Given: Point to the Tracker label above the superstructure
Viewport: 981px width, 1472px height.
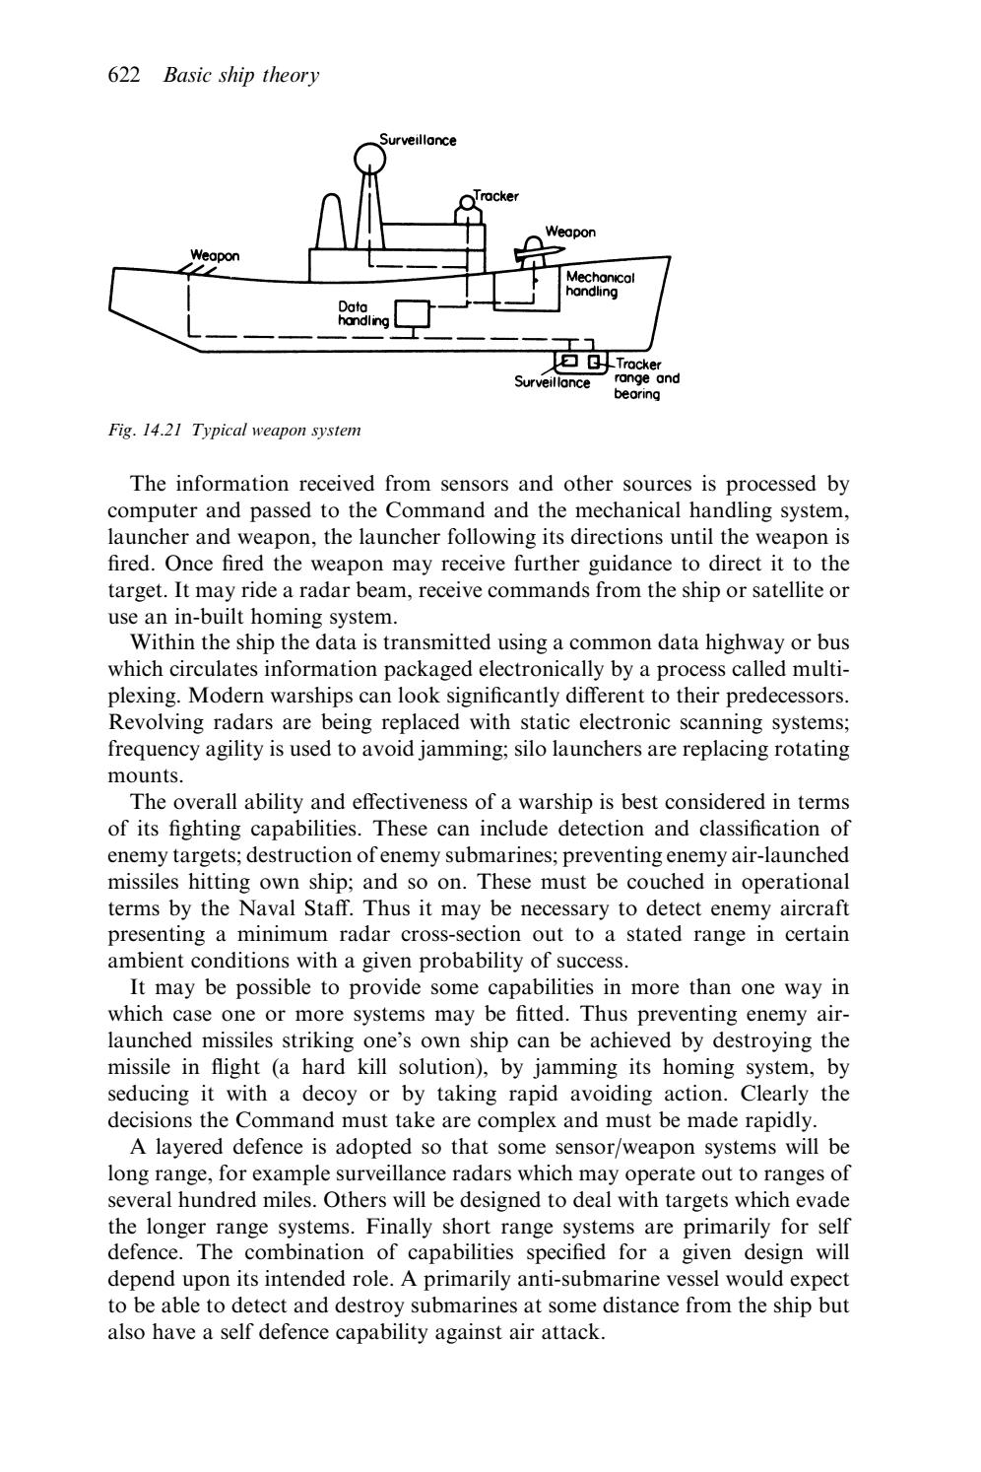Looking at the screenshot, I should click(495, 196).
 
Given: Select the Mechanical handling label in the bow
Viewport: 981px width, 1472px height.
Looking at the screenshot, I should click(600, 285).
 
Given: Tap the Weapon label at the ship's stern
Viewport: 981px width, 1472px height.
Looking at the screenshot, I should click(215, 255).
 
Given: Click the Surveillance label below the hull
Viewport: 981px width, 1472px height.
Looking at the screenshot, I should click(552, 381).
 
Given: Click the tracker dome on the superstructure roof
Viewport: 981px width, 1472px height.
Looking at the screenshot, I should click(468, 204).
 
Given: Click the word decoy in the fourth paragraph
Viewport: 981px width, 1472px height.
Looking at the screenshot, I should click(329, 1094).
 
